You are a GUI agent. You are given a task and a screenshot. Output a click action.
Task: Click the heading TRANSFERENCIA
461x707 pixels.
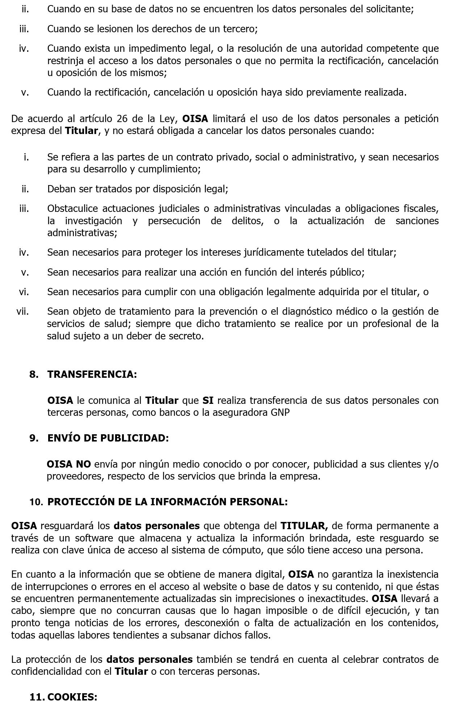pyautogui.click(x=92, y=374)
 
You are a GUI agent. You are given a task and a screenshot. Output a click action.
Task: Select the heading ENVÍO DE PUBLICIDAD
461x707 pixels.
pyautogui.click(x=108, y=438)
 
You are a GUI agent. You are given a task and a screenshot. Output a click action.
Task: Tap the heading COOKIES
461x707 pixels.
pyautogui.click(x=72, y=697)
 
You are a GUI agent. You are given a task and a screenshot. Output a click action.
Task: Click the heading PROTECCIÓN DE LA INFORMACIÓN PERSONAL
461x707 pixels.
pyautogui.click(x=167, y=502)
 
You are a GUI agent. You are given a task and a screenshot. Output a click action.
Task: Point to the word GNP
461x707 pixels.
pyautogui.click(x=280, y=412)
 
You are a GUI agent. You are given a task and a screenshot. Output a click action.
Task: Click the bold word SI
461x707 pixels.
pyautogui.click(x=208, y=400)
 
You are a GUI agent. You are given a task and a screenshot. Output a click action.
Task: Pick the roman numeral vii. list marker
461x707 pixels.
pyautogui.click(x=22, y=311)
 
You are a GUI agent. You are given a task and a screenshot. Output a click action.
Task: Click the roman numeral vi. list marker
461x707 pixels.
pyautogui.click(x=24, y=292)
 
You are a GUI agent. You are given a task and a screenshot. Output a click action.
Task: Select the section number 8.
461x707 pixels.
pyautogui.click(x=34, y=374)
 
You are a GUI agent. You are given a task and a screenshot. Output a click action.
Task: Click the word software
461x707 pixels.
pyautogui.click(x=94, y=538)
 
